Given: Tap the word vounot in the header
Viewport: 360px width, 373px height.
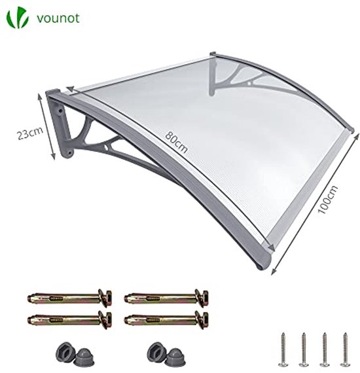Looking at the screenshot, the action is [58, 18].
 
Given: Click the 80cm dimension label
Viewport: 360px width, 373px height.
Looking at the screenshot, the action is [177, 142].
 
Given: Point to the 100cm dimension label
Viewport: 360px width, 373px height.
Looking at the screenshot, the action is [328, 200].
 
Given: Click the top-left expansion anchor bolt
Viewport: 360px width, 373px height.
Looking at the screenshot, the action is [69, 298].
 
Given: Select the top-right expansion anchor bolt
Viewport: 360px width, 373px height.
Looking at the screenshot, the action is [166, 298].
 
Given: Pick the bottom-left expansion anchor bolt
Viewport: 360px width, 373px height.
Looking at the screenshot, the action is [69, 319].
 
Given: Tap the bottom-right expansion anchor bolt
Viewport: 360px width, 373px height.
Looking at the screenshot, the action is [166, 319].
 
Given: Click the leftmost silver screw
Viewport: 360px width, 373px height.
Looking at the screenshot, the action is [283, 349].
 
